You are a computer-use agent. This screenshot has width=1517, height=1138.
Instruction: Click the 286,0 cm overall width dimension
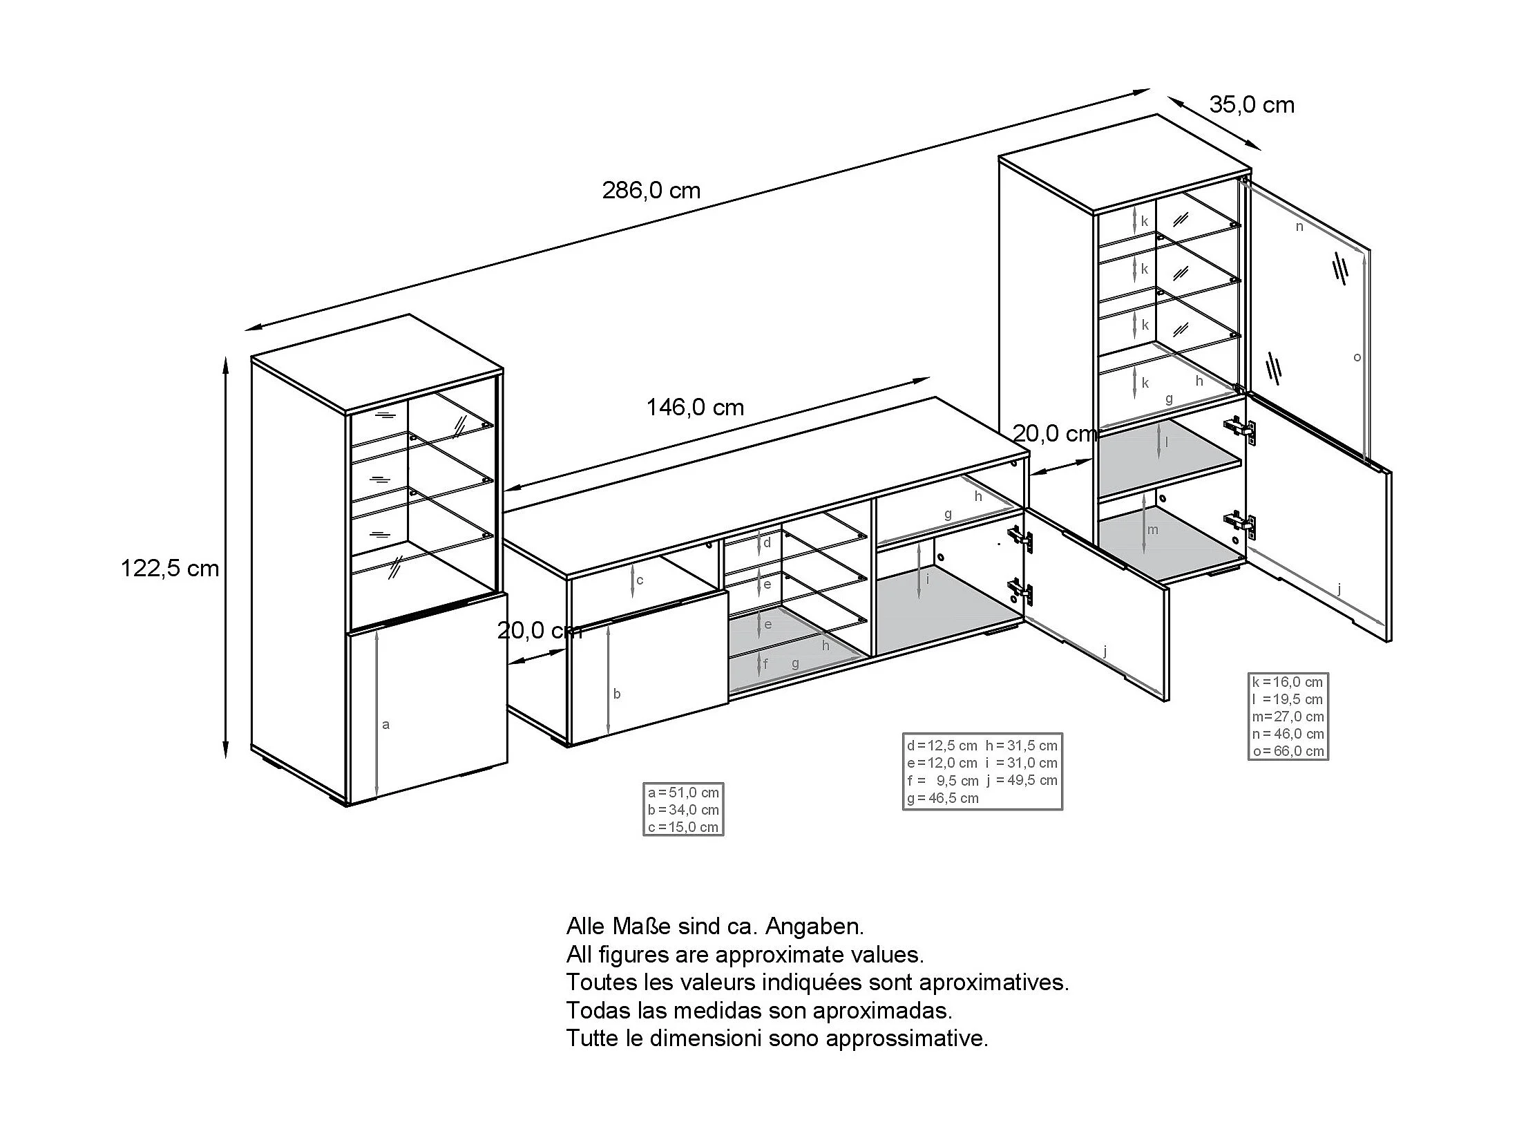coord(651,190)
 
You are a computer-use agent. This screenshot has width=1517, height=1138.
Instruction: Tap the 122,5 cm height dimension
coord(169,569)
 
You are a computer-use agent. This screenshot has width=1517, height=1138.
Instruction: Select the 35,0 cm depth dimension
coord(1251,104)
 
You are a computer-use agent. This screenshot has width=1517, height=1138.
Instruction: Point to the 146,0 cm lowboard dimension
coord(694,408)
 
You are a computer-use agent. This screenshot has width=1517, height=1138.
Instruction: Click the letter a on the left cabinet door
coord(385,725)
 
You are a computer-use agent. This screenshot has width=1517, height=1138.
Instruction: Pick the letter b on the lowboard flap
coord(617,694)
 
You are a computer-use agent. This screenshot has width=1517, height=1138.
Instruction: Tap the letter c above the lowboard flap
coord(640,580)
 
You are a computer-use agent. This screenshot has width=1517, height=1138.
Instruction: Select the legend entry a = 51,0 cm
coord(683,793)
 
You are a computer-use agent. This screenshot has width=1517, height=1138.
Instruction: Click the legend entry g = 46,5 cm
coord(943,798)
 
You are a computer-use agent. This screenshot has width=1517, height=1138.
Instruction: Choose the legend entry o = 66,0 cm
coord(1288,751)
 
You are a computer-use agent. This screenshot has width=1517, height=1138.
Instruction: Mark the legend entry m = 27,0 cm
coord(1288,717)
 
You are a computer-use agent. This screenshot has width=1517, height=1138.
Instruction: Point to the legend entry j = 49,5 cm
coord(1022,780)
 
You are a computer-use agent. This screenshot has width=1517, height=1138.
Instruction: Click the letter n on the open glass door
coord(1299,227)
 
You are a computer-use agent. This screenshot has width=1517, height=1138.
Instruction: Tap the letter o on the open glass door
coord(1357,357)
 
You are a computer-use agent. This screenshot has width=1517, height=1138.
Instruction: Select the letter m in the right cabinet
coord(1152,530)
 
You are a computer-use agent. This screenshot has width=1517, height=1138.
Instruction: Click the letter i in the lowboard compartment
coord(928,579)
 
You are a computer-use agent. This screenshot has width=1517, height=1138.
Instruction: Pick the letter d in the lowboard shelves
coord(767,543)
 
